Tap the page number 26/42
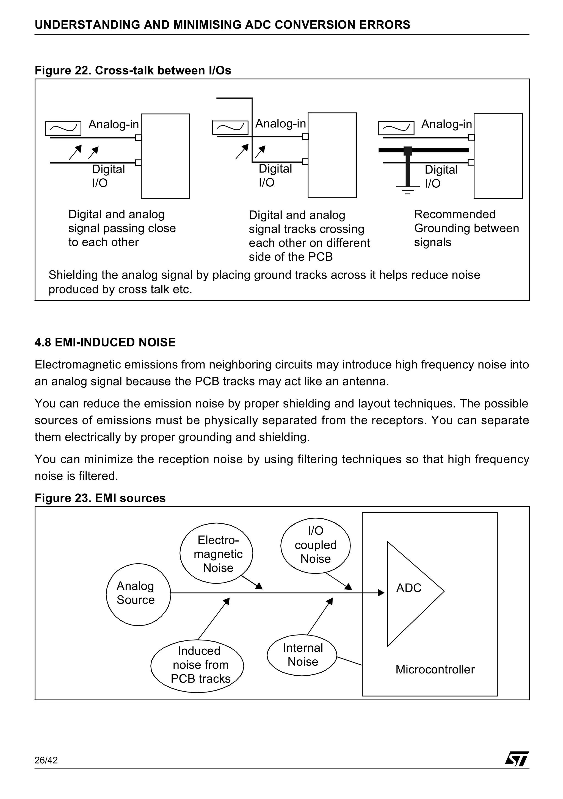click(x=46, y=760)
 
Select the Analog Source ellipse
click(x=138, y=594)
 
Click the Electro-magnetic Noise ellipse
click(x=216, y=553)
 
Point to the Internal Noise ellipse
click(x=302, y=655)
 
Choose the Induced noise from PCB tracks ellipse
click(x=197, y=666)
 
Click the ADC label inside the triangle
click(x=409, y=588)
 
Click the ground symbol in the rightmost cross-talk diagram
click(x=407, y=190)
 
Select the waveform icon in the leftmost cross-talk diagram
click(x=64, y=128)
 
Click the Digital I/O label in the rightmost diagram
click(x=441, y=176)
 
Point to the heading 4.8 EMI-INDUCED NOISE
click(x=105, y=342)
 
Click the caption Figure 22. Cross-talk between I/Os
click(x=133, y=71)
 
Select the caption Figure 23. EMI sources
click(x=100, y=498)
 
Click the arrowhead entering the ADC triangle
click(x=381, y=593)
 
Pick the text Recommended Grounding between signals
click(x=466, y=228)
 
